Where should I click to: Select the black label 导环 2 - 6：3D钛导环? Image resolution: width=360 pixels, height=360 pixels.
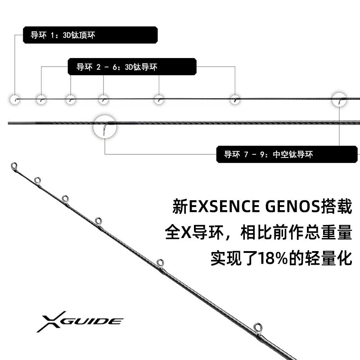click(133, 67)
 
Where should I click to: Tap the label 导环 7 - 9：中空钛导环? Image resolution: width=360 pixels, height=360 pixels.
click(288, 154)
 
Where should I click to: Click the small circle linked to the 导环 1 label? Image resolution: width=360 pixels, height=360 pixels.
click(15, 99)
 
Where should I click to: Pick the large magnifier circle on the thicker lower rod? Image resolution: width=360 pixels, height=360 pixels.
click(104, 125)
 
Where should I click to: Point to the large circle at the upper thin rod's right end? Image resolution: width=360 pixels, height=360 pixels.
click(340, 99)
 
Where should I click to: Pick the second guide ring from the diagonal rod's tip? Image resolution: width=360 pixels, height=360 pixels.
click(37, 180)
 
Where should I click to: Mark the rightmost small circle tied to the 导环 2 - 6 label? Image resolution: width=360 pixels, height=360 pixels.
click(234, 99)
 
